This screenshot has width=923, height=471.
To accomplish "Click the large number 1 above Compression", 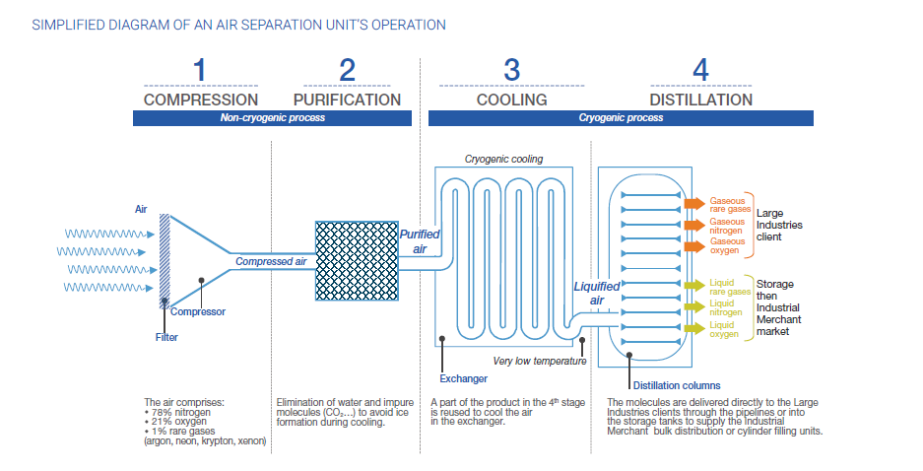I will click(x=200, y=70).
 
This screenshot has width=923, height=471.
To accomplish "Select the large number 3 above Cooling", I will click(x=511, y=70).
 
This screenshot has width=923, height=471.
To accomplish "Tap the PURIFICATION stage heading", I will click(x=347, y=100).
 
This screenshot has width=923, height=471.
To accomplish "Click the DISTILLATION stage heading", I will click(x=700, y=100).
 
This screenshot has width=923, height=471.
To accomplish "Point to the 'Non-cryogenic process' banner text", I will click(x=272, y=118).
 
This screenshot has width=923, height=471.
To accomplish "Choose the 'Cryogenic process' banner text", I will click(x=621, y=118).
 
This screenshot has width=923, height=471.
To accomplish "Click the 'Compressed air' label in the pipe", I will click(x=271, y=261).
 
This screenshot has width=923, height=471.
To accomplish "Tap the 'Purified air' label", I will click(x=420, y=241).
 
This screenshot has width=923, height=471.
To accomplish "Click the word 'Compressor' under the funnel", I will click(x=198, y=311).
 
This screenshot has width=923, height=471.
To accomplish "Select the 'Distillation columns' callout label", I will click(x=676, y=384).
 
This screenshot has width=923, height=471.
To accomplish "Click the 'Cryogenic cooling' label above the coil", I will click(x=503, y=159).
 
